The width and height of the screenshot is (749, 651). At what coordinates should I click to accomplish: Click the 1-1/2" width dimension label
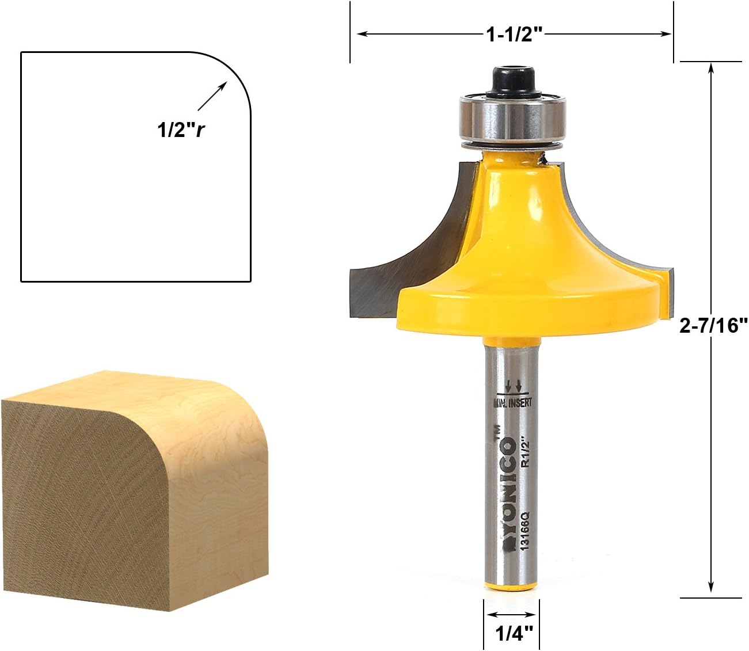[514, 35]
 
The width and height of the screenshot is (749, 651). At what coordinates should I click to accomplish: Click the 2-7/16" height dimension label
[713, 325]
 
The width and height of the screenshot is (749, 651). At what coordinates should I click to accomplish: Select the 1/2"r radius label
[181, 130]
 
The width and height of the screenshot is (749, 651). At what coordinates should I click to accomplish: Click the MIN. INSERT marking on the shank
[513, 402]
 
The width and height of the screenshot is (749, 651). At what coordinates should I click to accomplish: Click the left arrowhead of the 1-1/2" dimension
[362, 34]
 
